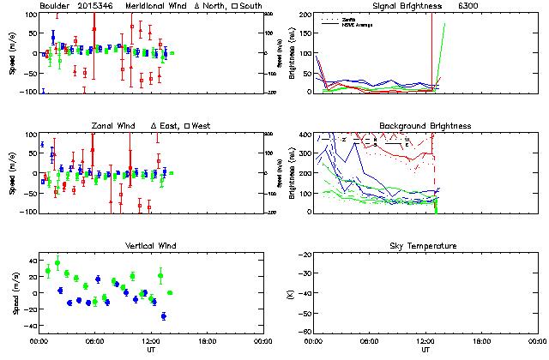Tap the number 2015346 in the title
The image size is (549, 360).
95,6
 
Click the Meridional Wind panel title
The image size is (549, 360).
154,6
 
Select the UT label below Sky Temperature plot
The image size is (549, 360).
425,351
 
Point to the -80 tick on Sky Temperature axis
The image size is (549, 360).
305,332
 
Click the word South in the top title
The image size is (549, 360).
253,6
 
